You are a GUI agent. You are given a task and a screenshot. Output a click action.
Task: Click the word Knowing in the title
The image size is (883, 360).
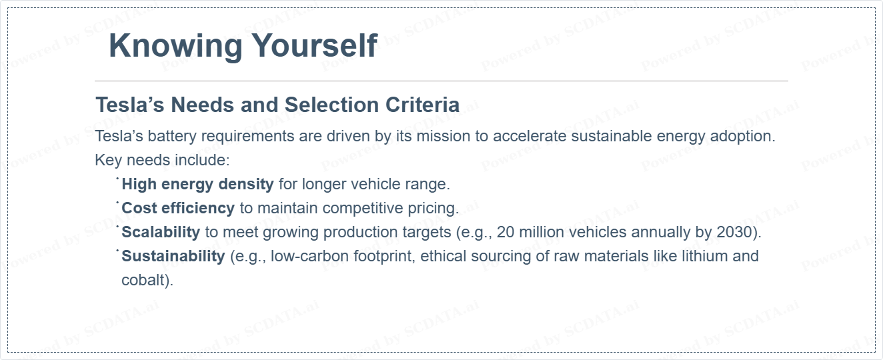pos(175,47)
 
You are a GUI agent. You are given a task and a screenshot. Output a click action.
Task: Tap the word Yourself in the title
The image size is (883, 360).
pos(315,45)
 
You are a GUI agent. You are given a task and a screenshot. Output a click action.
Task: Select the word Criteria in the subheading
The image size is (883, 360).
pos(422,105)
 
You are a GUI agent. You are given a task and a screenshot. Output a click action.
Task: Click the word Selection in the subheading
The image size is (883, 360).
pos(331,105)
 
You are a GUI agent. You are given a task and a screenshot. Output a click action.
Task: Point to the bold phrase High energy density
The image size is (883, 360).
pos(197,184)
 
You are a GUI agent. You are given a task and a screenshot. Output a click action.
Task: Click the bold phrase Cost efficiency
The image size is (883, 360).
pos(178,208)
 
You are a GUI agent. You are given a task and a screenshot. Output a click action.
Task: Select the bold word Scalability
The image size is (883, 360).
pos(161,233)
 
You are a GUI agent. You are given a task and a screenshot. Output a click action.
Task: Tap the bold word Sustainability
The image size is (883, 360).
pos(173,256)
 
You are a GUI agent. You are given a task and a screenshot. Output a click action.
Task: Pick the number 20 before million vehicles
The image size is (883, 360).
pos(506,232)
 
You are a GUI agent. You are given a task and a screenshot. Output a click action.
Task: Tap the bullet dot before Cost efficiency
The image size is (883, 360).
pos(117,203)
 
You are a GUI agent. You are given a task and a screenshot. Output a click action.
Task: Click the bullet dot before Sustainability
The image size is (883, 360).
pos(117,251)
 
